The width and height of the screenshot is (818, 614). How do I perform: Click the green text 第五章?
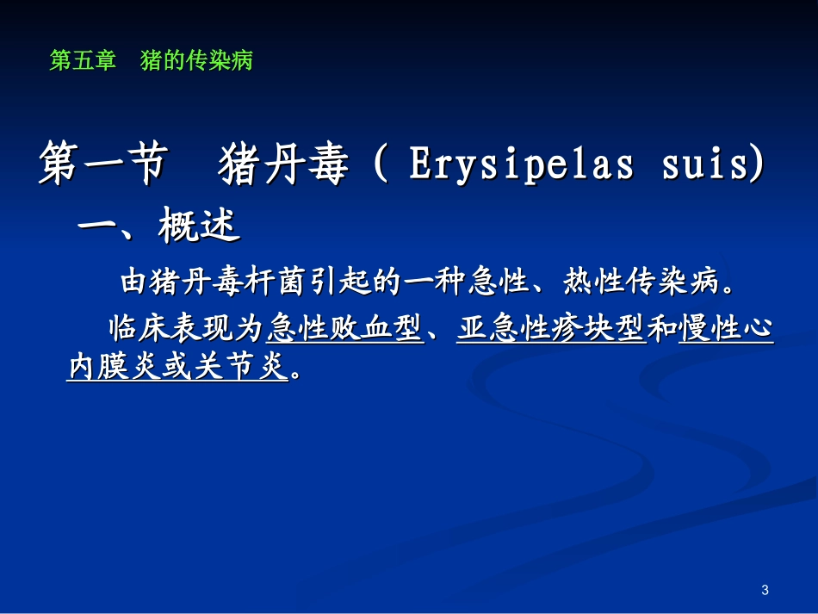click(x=83, y=61)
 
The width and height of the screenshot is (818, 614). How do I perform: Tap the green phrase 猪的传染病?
click(x=196, y=61)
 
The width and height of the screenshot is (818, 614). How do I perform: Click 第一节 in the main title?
click(x=101, y=164)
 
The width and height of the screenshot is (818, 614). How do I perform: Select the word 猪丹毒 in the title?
click(x=285, y=164)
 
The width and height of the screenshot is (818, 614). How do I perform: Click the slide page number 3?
click(x=765, y=590)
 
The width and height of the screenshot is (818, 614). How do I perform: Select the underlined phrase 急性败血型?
click(x=344, y=328)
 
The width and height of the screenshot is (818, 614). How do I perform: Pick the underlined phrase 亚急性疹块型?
click(x=551, y=328)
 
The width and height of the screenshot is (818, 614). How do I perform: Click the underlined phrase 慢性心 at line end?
click(x=727, y=328)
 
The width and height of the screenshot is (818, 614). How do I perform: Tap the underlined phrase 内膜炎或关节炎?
click(x=177, y=368)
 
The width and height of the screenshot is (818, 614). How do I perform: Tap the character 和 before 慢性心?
click(x=662, y=328)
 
